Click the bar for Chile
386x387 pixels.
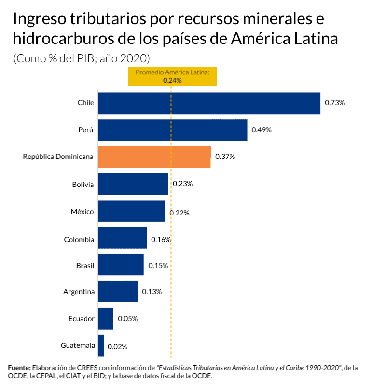tap(209, 103)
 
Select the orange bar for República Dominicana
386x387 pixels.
tap(154, 157)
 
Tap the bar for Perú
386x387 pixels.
tap(172, 130)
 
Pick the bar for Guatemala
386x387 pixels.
tap(101, 345)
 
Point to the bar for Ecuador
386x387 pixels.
tap(105, 318)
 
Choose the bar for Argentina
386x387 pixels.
tap(118, 292)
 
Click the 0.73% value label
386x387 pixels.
tap(334, 103)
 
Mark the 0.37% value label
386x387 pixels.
tap(225, 157)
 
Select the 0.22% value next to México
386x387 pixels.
tap(179, 213)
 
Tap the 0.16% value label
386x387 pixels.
tap(161, 239)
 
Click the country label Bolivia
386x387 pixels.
tap(83, 184)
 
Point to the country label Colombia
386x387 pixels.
tap(79, 239)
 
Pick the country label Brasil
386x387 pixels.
tap(85, 265)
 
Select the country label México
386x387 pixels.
tap(83, 211)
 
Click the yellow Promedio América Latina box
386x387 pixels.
tap(172, 76)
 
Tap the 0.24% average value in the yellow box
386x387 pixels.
tap(172, 81)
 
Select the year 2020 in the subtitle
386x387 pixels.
tap(134, 58)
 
